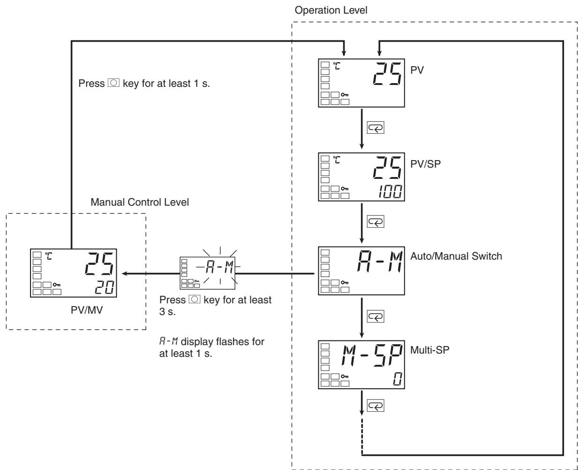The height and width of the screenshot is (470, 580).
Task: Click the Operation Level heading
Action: click(331, 10)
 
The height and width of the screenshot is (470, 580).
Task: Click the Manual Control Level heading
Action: click(140, 202)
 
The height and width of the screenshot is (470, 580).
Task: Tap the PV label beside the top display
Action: click(417, 70)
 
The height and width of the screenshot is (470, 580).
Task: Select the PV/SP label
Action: click(425, 164)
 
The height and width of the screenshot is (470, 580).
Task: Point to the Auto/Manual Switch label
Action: click(456, 256)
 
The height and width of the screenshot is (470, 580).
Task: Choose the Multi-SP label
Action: click(429, 350)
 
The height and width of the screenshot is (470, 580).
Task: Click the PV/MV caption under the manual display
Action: click(87, 310)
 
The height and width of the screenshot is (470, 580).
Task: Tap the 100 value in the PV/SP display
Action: click(390, 192)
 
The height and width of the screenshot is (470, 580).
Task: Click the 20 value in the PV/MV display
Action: click(104, 287)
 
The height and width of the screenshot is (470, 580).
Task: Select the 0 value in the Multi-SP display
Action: click(398, 379)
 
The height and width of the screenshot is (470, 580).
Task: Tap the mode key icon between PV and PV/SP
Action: click(376, 128)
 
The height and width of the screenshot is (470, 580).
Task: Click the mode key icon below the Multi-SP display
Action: click(376, 406)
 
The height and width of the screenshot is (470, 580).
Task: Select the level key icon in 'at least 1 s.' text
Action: click(113, 83)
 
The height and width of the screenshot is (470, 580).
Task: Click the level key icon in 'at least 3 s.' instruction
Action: click(195, 300)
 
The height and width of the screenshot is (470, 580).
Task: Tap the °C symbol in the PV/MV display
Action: click(48, 256)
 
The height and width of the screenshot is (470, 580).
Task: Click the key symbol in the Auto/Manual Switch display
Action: click(345, 283)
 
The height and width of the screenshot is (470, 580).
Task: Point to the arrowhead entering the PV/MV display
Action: click(124, 273)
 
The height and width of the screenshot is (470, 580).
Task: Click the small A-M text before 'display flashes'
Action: click(168, 341)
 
